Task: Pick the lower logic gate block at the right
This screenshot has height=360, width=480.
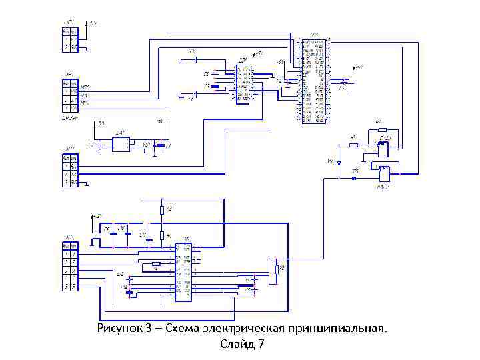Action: click(384, 175)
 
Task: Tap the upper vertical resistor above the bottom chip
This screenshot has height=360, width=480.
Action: click(161, 211)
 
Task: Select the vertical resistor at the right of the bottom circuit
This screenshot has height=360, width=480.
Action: click(276, 269)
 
